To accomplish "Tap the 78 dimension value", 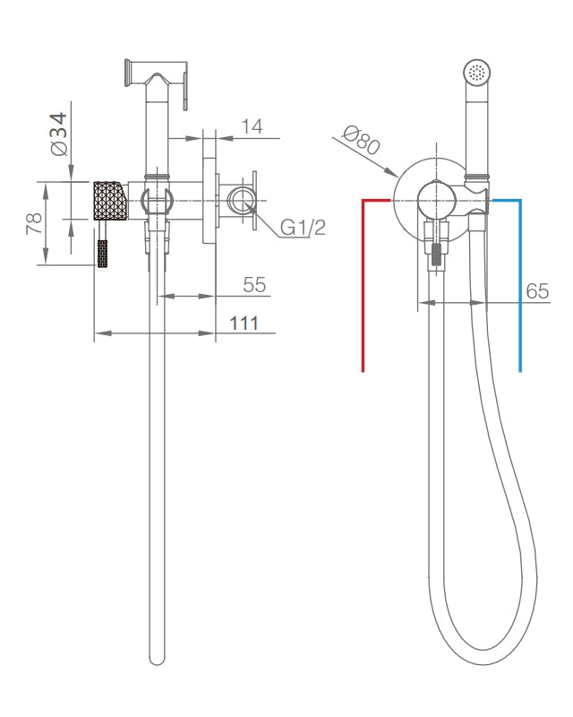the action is [x=34, y=223].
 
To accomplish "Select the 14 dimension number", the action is [x=252, y=126].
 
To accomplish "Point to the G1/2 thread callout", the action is [x=303, y=228].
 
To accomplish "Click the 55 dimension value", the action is [x=254, y=285].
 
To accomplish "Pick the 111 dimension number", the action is [x=244, y=324].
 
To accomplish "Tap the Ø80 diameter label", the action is [x=362, y=140].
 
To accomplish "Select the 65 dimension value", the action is [x=537, y=290].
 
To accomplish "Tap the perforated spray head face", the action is [x=477, y=73].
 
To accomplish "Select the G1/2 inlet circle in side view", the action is [x=240, y=201].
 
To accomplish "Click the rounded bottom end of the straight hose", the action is [x=157, y=660].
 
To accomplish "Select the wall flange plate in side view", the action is [x=210, y=201].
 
